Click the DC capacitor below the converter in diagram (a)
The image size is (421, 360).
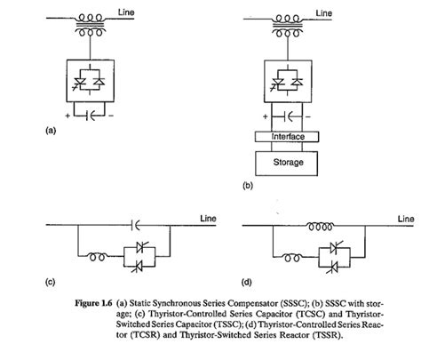pyautogui.click(x=87, y=116)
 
